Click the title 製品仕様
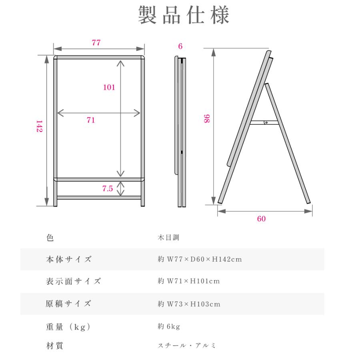184,15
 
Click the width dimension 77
96,43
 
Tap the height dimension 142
40,126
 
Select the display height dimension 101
109,87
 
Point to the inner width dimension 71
91,120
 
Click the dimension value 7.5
108,188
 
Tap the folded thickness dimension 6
180,46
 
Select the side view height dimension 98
207,118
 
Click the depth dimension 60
261,218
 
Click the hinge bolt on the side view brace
266,123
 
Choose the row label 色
50,238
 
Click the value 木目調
168,237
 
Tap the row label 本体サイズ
69,259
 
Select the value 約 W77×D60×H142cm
200,259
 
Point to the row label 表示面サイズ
74,281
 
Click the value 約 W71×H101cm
189,281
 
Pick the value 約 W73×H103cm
189,304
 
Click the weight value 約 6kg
169,326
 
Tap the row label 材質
55,346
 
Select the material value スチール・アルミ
187,345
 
